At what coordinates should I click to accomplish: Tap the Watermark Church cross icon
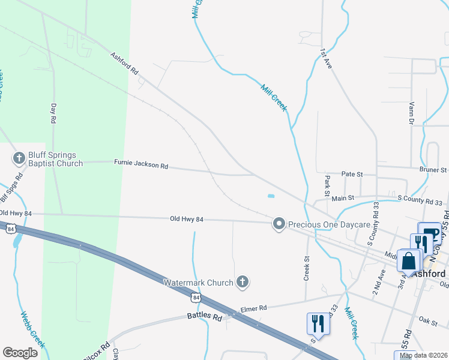click(243, 281)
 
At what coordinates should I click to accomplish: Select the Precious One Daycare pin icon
click(279, 224)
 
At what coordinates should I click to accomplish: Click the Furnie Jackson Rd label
click(141, 163)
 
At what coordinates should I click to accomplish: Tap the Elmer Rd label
click(253, 308)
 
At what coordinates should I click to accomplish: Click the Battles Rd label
click(205, 315)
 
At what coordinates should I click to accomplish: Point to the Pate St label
click(352, 174)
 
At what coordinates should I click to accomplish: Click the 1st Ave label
click(326, 59)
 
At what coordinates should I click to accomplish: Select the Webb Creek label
click(33, 329)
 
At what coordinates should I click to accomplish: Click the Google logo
click(20, 353)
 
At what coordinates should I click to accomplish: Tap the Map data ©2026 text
click(423, 355)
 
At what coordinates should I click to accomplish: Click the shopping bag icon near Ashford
click(409, 262)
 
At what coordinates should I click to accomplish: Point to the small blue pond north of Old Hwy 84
click(270, 196)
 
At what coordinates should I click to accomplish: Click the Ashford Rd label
click(124, 64)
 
